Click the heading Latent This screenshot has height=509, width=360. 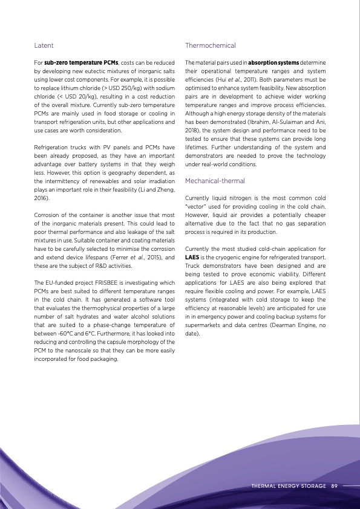point(44,45)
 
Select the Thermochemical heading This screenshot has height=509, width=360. point(210,45)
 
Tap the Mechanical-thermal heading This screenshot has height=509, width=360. point(215,181)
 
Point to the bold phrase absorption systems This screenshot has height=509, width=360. point(274,62)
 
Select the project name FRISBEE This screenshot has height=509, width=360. point(117,282)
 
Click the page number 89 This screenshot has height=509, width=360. point(334,485)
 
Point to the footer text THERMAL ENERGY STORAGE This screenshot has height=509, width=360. point(288,485)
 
